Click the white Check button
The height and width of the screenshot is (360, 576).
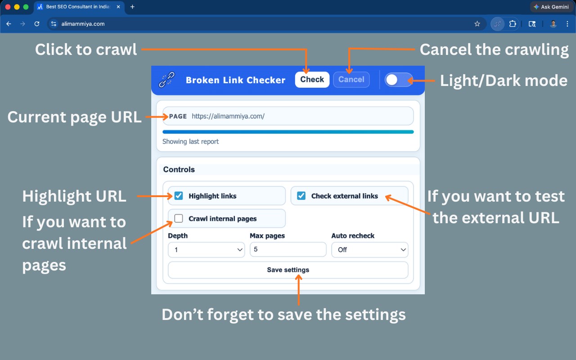(x=312, y=80)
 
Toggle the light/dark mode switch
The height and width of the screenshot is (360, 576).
(x=398, y=80)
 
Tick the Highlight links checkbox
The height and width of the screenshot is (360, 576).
(x=179, y=196)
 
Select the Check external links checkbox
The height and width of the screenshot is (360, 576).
(x=301, y=196)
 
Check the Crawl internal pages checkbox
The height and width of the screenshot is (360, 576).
(x=179, y=218)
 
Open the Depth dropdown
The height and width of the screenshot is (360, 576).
(x=206, y=250)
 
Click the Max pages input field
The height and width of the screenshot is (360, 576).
(x=288, y=249)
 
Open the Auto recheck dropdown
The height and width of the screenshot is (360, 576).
(x=370, y=250)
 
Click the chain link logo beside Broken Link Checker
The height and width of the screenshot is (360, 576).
(x=166, y=80)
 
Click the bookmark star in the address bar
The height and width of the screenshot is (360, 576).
(x=477, y=24)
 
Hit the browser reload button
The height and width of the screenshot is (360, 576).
(x=37, y=24)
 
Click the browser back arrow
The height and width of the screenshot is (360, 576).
(x=9, y=24)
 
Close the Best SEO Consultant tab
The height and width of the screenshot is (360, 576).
(x=118, y=7)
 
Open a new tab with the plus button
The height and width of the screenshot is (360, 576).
(x=132, y=7)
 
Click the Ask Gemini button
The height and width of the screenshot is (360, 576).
(x=552, y=7)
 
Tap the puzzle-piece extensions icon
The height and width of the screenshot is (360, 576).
(x=513, y=24)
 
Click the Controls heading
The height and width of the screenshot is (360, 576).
(x=179, y=170)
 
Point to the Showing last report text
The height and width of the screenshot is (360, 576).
(x=190, y=141)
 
